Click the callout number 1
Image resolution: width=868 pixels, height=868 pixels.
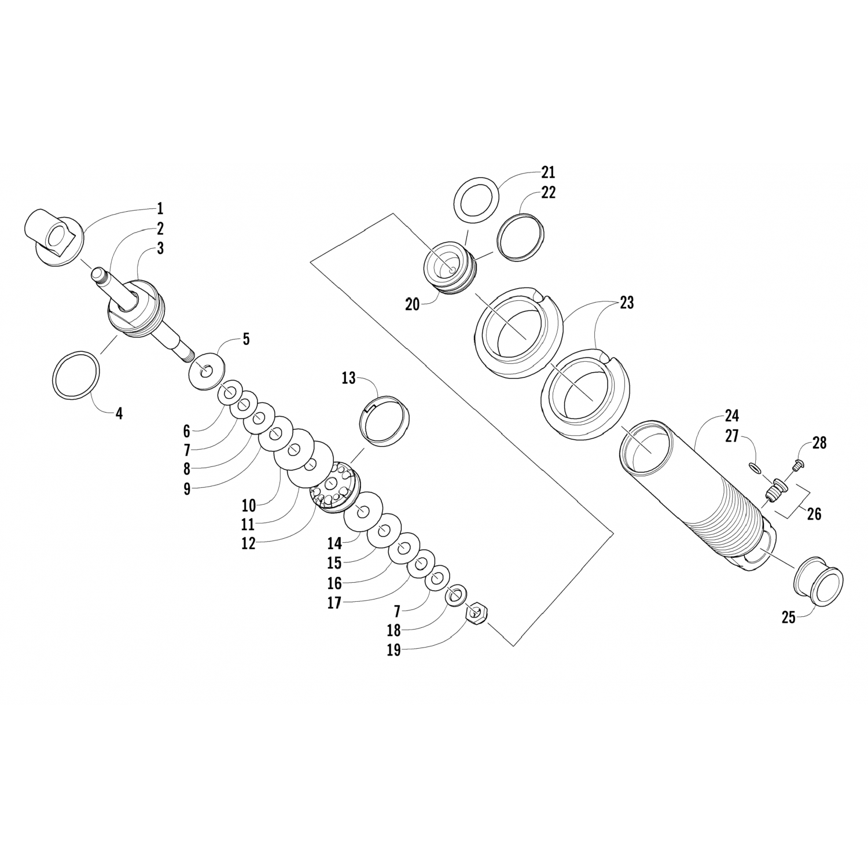(x=160, y=208)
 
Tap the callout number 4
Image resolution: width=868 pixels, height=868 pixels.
(x=119, y=414)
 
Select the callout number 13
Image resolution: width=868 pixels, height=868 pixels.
(x=348, y=378)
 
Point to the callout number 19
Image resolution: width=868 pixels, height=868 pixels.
(x=393, y=650)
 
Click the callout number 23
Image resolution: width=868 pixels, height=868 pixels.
(x=627, y=303)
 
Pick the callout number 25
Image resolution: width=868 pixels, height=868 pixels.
(x=789, y=617)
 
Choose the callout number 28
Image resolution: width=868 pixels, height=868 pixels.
(x=819, y=443)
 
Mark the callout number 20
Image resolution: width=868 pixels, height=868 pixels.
(x=412, y=304)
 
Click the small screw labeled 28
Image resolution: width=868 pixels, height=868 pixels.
(x=796, y=463)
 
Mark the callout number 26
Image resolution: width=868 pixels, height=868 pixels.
(x=814, y=513)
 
